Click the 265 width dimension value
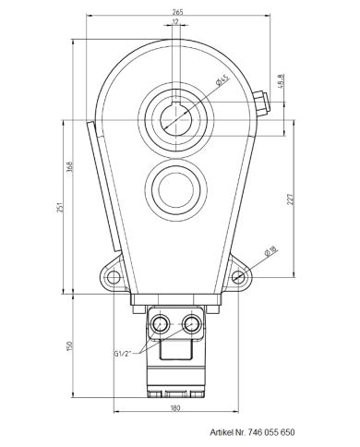point(176,11)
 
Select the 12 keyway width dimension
point(175,24)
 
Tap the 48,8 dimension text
point(281,81)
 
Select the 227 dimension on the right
point(289,203)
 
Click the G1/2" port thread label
point(126,353)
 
